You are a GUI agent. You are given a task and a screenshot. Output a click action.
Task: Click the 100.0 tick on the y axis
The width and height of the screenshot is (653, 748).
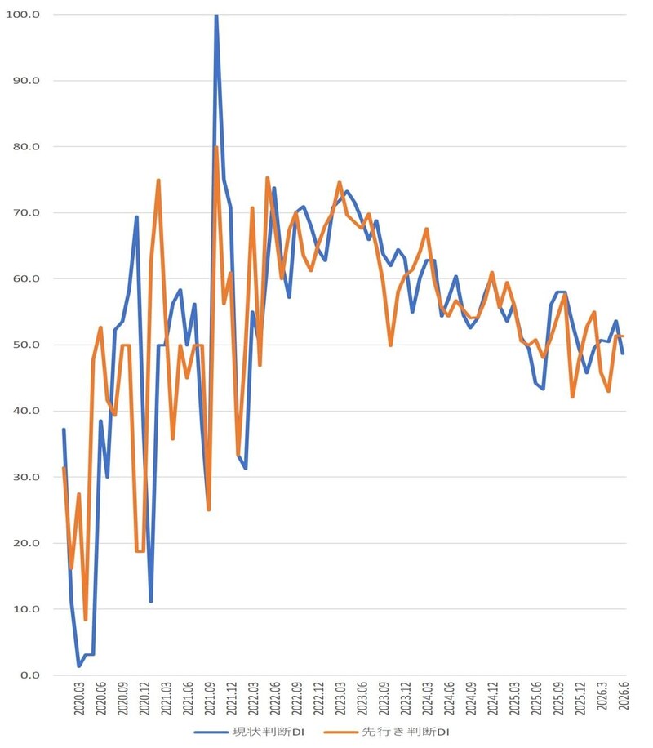click(23, 15)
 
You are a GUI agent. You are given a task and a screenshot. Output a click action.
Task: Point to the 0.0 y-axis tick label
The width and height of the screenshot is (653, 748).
click(30, 675)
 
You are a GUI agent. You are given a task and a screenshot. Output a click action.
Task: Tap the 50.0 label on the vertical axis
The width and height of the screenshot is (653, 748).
click(26, 345)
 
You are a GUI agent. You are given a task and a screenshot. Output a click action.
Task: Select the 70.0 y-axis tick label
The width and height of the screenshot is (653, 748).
click(26, 213)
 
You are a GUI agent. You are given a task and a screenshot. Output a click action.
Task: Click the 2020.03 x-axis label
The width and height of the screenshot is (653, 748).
click(79, 698)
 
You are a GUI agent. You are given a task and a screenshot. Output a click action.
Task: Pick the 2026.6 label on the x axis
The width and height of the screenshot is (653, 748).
click(624, 696)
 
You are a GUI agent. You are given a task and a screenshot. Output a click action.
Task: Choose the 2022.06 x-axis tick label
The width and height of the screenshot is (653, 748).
click(275, 698)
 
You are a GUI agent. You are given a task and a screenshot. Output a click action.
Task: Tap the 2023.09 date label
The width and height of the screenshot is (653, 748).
click(384, 698)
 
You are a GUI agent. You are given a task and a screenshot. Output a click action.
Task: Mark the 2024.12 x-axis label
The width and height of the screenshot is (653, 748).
click(493, 698)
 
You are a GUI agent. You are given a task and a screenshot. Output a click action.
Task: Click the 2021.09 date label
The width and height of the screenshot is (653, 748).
click(210, 698)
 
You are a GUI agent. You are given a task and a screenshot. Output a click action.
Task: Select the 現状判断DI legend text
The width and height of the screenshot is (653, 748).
click(268, 732)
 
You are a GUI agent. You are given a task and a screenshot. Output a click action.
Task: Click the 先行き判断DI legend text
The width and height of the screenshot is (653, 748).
click(406, 732)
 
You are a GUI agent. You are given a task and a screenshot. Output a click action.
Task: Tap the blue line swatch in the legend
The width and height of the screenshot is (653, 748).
click(211, 732)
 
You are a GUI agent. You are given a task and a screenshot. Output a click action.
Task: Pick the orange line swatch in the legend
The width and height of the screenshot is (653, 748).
click(340, 732)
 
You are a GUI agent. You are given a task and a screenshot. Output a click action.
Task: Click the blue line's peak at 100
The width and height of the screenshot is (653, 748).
click(216, 16)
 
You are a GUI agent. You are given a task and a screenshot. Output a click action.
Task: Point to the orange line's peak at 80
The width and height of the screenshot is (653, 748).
click(216, 148)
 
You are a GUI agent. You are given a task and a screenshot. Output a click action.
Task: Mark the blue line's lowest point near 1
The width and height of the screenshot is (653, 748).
click(78, 666)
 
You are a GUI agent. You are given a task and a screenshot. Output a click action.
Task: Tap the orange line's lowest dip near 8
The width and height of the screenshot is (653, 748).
click(86, 619)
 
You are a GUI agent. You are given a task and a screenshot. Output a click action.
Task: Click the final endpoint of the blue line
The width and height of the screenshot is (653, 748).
click(623, 353)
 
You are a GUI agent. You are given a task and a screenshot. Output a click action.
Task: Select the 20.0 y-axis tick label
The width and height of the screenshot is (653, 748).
click(26, 543)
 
